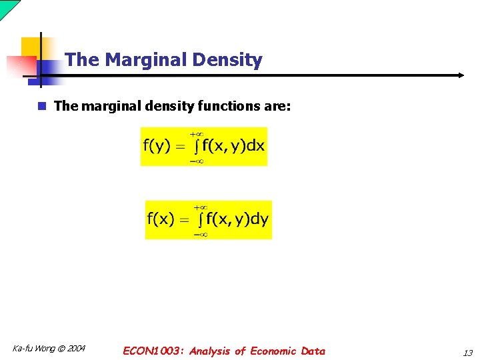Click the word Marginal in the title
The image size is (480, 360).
(x=145, y=60)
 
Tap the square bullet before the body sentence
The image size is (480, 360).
(x=41, y=106)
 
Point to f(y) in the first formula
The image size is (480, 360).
(x=157, y=146)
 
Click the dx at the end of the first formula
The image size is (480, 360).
(x=255, y=146)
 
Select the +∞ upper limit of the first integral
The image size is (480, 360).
(x=198, y=133)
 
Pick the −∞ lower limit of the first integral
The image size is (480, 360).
(x=198, y=161)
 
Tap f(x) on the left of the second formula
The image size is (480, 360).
(x=161, y=219)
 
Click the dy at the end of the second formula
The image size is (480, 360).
(x=260, y=219)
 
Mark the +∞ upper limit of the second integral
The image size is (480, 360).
(x=201, y=207)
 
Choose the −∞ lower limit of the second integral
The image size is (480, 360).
(x=201, y=234)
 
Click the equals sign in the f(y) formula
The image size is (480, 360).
(x=180, y=147)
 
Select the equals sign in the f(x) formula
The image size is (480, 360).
(x=184, y=220)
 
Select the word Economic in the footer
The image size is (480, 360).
(x=274, y=351)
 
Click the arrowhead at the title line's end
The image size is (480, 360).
(x=461, y=75)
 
